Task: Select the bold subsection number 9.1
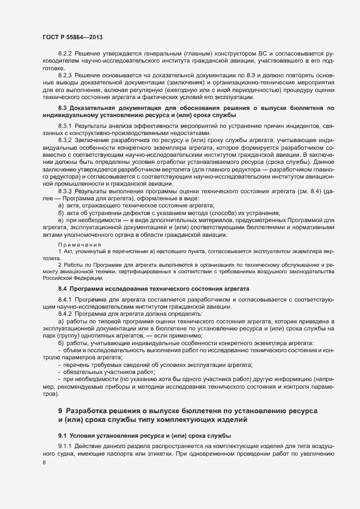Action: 63,437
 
